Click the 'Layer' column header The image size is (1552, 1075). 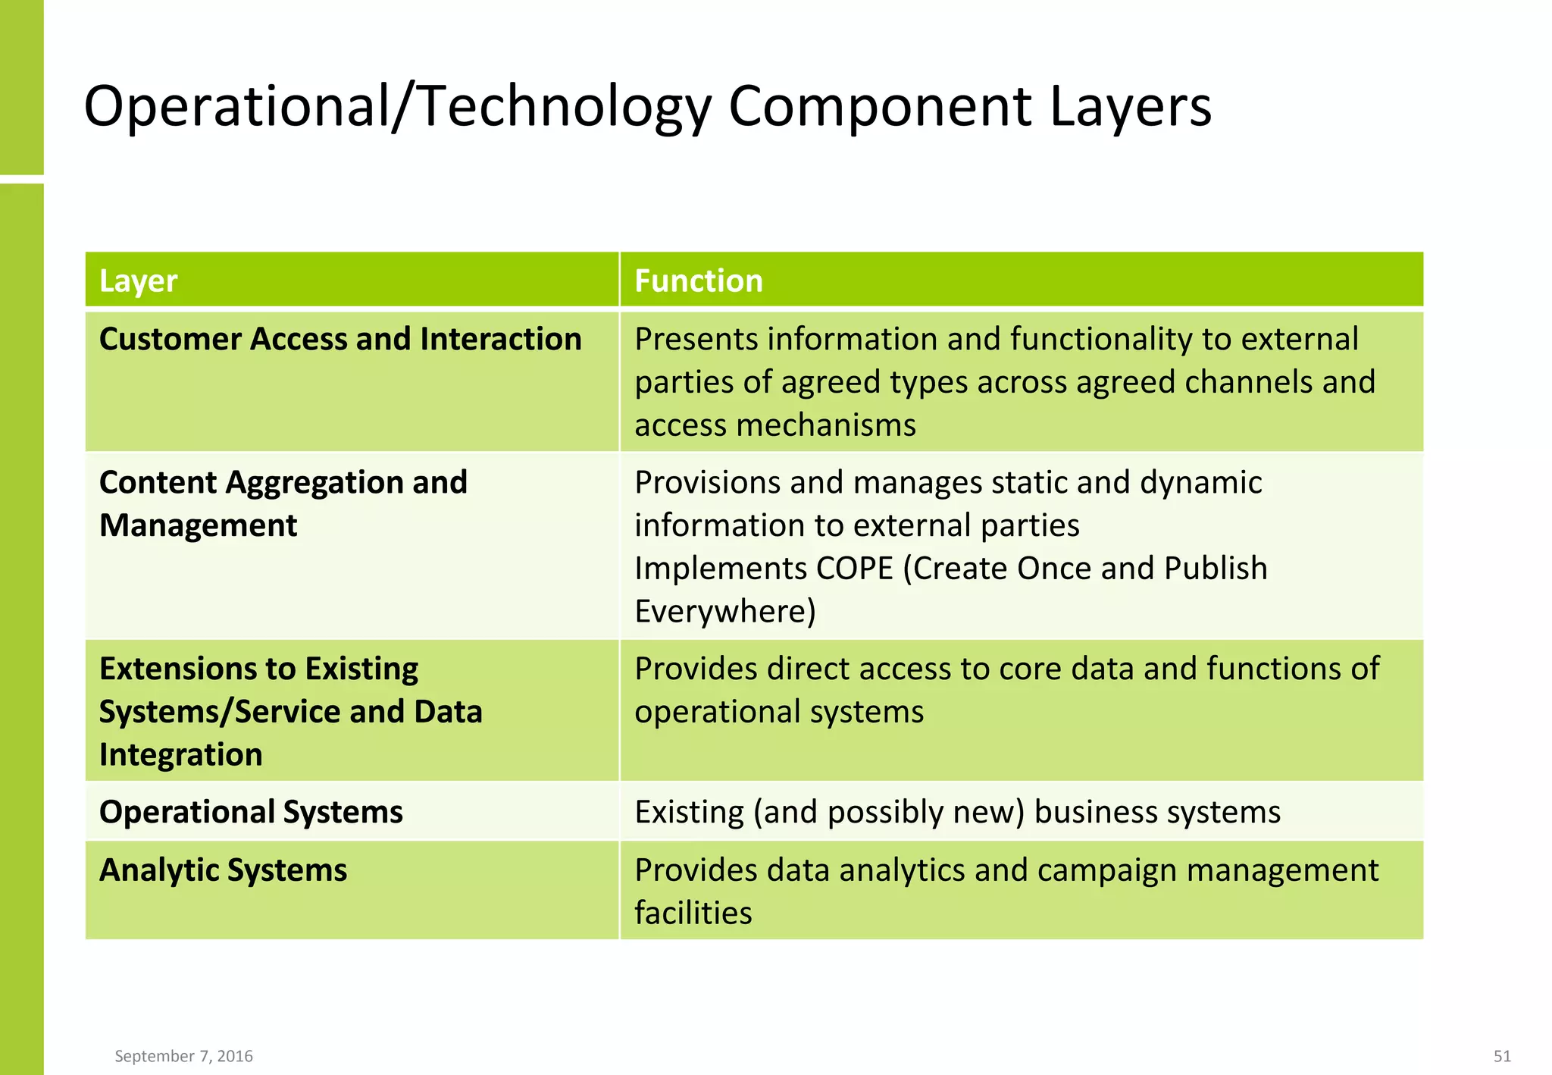[138, 281]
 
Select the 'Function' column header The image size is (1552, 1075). [698, 281]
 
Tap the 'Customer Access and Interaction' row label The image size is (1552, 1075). [340, 339]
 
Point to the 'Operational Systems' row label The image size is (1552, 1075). [251, 812]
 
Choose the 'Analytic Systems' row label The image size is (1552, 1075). [223, 870]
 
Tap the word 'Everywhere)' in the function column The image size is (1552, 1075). [724, 612]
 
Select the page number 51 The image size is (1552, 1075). [1502, 1056]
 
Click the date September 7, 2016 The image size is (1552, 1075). [183, 1056]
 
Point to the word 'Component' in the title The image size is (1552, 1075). [879, 106]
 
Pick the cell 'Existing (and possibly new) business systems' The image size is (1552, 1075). [957, 812]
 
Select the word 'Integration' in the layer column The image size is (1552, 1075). [180, 755]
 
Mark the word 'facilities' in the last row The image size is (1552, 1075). [693, 914]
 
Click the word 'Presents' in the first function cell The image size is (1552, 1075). [695, 339]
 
